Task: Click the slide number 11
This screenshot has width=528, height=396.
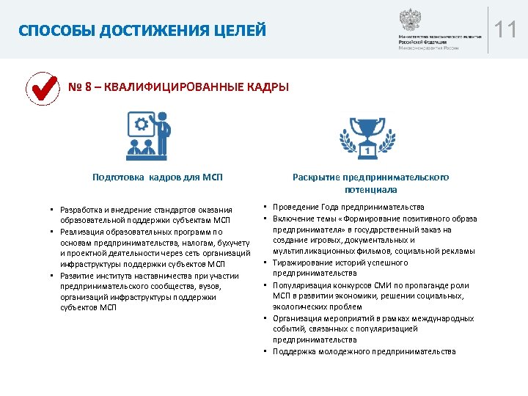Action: (506, 31)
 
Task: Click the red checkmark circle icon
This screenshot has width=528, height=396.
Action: (42, 89)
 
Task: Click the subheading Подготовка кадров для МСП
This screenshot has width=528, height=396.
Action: (157, 177)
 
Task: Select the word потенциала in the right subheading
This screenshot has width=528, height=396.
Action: (370, 189)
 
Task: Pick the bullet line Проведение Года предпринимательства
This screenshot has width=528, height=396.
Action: (348, 207)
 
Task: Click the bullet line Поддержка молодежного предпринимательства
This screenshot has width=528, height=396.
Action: (364, 351)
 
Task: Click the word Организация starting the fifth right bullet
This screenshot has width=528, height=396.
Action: (298, 318)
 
